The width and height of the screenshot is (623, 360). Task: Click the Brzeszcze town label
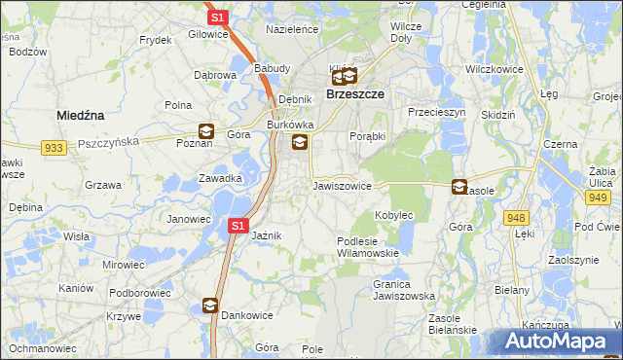click(x=353, y=94)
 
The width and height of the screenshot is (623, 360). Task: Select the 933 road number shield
click(x=55, y=147)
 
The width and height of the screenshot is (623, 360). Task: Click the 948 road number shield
click(x=517, y=218)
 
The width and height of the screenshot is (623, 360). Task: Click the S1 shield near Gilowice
click(x=217, y=18)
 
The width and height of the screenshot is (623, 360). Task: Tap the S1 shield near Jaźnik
click(x=238, y=226)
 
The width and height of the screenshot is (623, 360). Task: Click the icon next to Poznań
click(x=206, y=130)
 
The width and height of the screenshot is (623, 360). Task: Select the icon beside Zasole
click(x=459, y=186)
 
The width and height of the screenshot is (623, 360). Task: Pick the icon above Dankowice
click(x=209, y=306)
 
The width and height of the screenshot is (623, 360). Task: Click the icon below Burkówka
click(x=299, y=143)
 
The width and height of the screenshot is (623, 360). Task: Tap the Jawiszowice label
click(x=342, y=185)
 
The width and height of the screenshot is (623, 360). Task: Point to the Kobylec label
click(x=394, y=214)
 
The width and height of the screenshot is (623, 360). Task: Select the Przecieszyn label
click(x=437, y=113)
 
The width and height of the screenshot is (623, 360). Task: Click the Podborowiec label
click(x=133, y=291)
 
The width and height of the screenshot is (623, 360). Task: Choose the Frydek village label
click(x=156, y=40)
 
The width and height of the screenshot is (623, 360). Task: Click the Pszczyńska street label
click(x=109, y=141)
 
